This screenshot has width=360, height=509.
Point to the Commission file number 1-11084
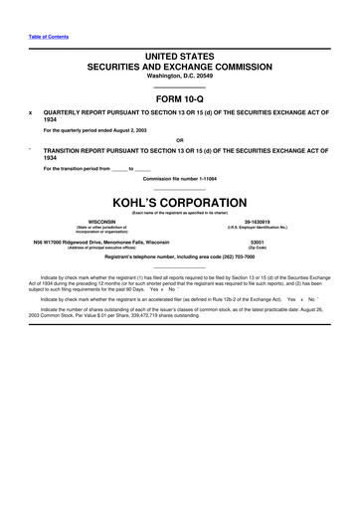tap(180, 178)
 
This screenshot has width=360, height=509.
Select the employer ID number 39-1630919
tap(265, 222)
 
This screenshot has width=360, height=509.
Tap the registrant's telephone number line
tap(180, 257)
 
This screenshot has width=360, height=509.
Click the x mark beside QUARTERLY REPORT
tap(32, 112)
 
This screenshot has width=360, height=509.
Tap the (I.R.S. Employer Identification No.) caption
tap(265, 229)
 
